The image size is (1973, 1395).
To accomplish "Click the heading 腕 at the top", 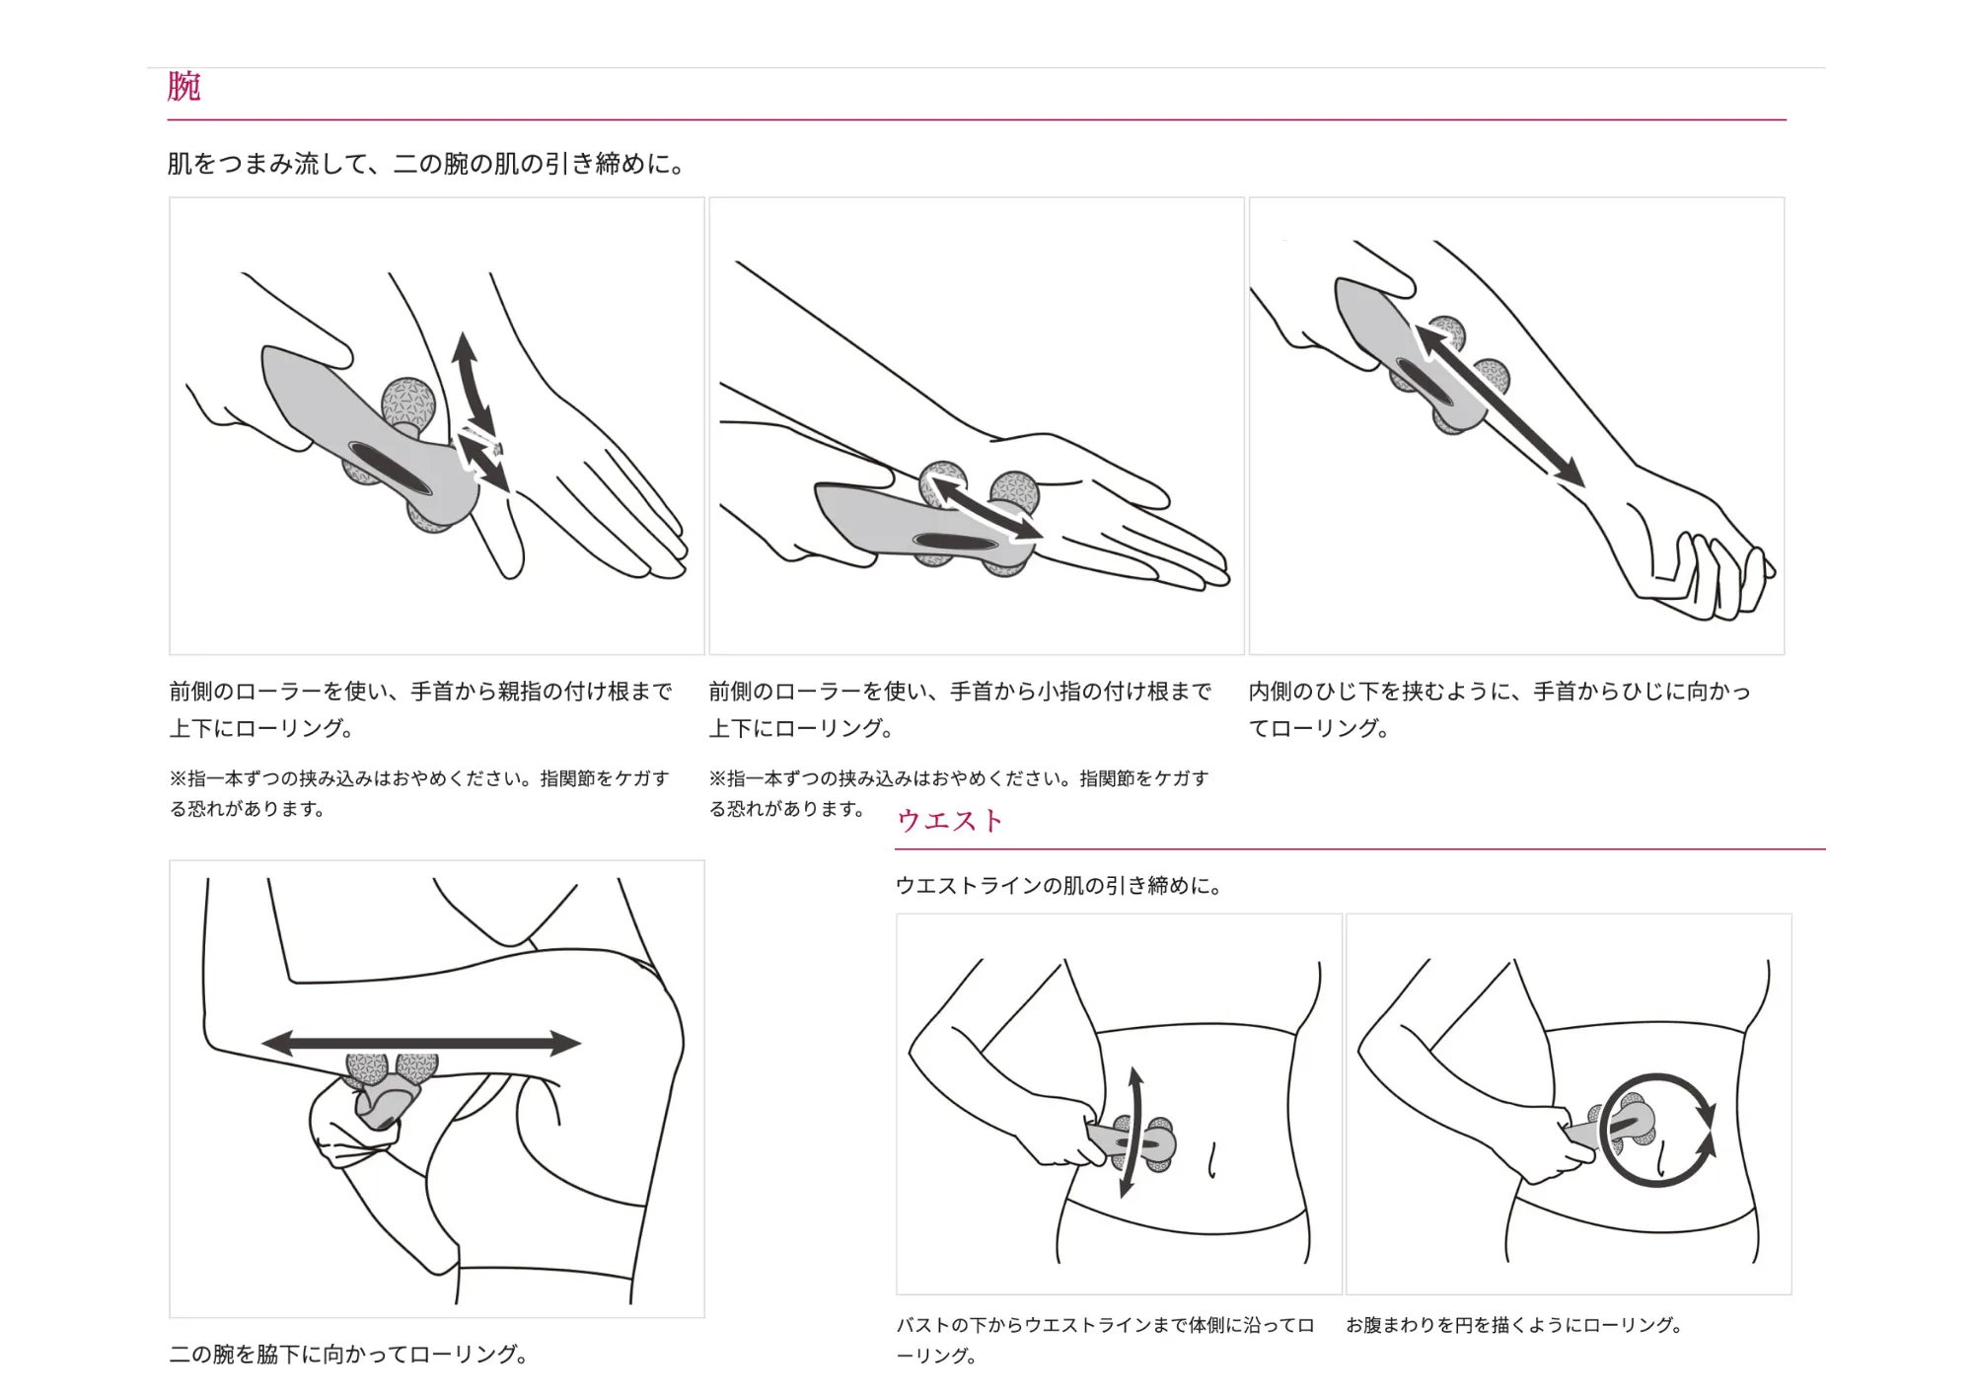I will (184, 87).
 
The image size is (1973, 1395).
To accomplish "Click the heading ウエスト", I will (949, 821).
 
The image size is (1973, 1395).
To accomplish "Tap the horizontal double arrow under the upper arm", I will (421, 1043).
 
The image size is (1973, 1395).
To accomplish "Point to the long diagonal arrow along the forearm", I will (1499, 404).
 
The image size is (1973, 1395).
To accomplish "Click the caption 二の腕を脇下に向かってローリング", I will (348, 1354).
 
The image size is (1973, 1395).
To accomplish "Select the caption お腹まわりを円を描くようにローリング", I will (1514, 1325).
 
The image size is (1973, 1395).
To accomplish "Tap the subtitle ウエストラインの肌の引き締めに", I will (1060, 886).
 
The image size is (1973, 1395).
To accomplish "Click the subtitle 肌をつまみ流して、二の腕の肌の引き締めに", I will (426, 164).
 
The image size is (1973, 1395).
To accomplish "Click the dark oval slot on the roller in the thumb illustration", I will (390, 469).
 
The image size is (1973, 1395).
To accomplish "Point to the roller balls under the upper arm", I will (391, 1069).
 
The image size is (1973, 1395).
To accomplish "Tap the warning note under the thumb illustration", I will (419, 793).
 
